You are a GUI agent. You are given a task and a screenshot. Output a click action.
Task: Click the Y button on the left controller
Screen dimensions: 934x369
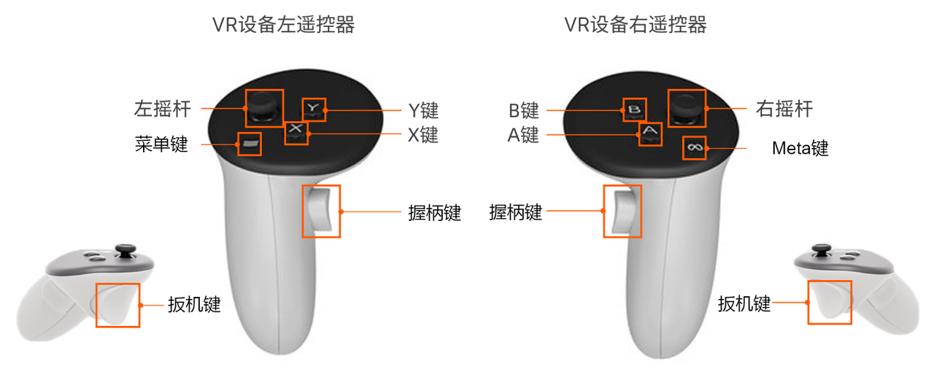pos(313,109)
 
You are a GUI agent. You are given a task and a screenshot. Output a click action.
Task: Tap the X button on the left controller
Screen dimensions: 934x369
pos(296,133)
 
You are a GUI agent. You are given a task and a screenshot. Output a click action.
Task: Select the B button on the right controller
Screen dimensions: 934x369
pos(635,109)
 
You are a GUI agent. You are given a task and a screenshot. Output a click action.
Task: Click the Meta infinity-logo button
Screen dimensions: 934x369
pos(695,147)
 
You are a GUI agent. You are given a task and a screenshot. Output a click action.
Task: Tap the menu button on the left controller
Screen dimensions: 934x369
pos(250,144)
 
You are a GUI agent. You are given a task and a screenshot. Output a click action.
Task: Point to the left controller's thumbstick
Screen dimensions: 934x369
pos(264,107)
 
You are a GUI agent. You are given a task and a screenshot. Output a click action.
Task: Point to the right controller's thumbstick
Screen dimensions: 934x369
pos(687,108)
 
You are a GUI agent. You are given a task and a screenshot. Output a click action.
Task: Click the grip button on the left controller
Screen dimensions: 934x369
pos(320,209)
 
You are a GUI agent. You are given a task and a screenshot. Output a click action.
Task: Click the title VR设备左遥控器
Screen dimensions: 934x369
pos(284,24)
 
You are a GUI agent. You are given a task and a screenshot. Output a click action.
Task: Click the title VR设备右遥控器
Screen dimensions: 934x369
pos(636,24)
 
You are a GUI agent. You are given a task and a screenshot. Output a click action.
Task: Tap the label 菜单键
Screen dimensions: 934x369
pos(161,144)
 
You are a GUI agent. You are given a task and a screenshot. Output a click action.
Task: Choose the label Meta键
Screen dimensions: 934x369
pos(800,148)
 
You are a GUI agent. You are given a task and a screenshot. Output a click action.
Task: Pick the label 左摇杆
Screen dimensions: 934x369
pos(162,109)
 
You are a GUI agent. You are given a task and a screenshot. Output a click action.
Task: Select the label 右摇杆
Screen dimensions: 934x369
pos(784,109)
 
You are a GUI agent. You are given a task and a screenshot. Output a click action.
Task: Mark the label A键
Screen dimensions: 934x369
pos(523,135)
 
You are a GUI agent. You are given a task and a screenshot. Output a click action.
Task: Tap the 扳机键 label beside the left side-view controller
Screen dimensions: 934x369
pos(194,304)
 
